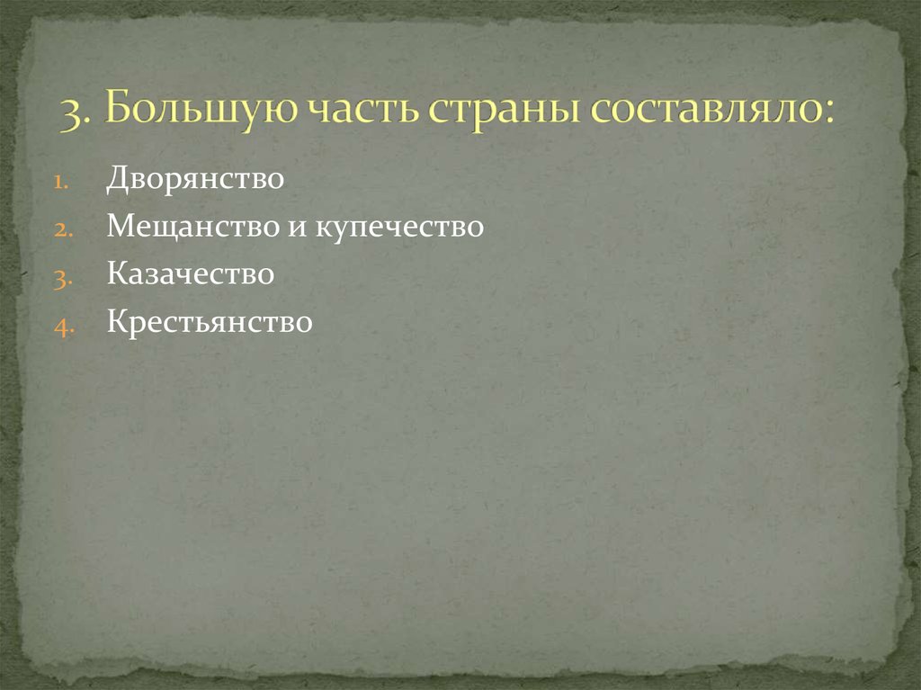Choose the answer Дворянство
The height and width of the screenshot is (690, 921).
(x=195, y=178)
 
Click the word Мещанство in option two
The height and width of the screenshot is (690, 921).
(x=193, y=227)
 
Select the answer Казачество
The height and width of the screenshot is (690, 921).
(x=190, y=274)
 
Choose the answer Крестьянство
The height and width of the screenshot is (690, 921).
(x=210, y=322)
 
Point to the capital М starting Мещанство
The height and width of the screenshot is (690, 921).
(x=118, y=227)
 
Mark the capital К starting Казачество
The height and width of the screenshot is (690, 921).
(x=115, y=274)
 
